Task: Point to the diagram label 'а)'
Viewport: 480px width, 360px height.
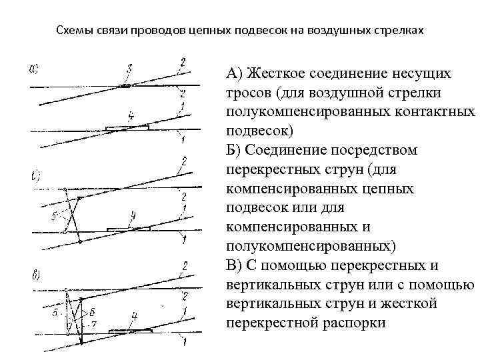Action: [34, 67]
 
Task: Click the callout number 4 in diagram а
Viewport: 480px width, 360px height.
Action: [131, 116]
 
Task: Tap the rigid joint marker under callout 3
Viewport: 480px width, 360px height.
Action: [125, 86]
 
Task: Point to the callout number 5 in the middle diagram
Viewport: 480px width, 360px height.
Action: [54, 215]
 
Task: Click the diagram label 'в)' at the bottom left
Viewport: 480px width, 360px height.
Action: [35, 275]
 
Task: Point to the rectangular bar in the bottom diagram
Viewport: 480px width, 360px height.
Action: [131, 331]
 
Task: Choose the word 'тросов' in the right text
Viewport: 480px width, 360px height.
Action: [249, 92]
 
